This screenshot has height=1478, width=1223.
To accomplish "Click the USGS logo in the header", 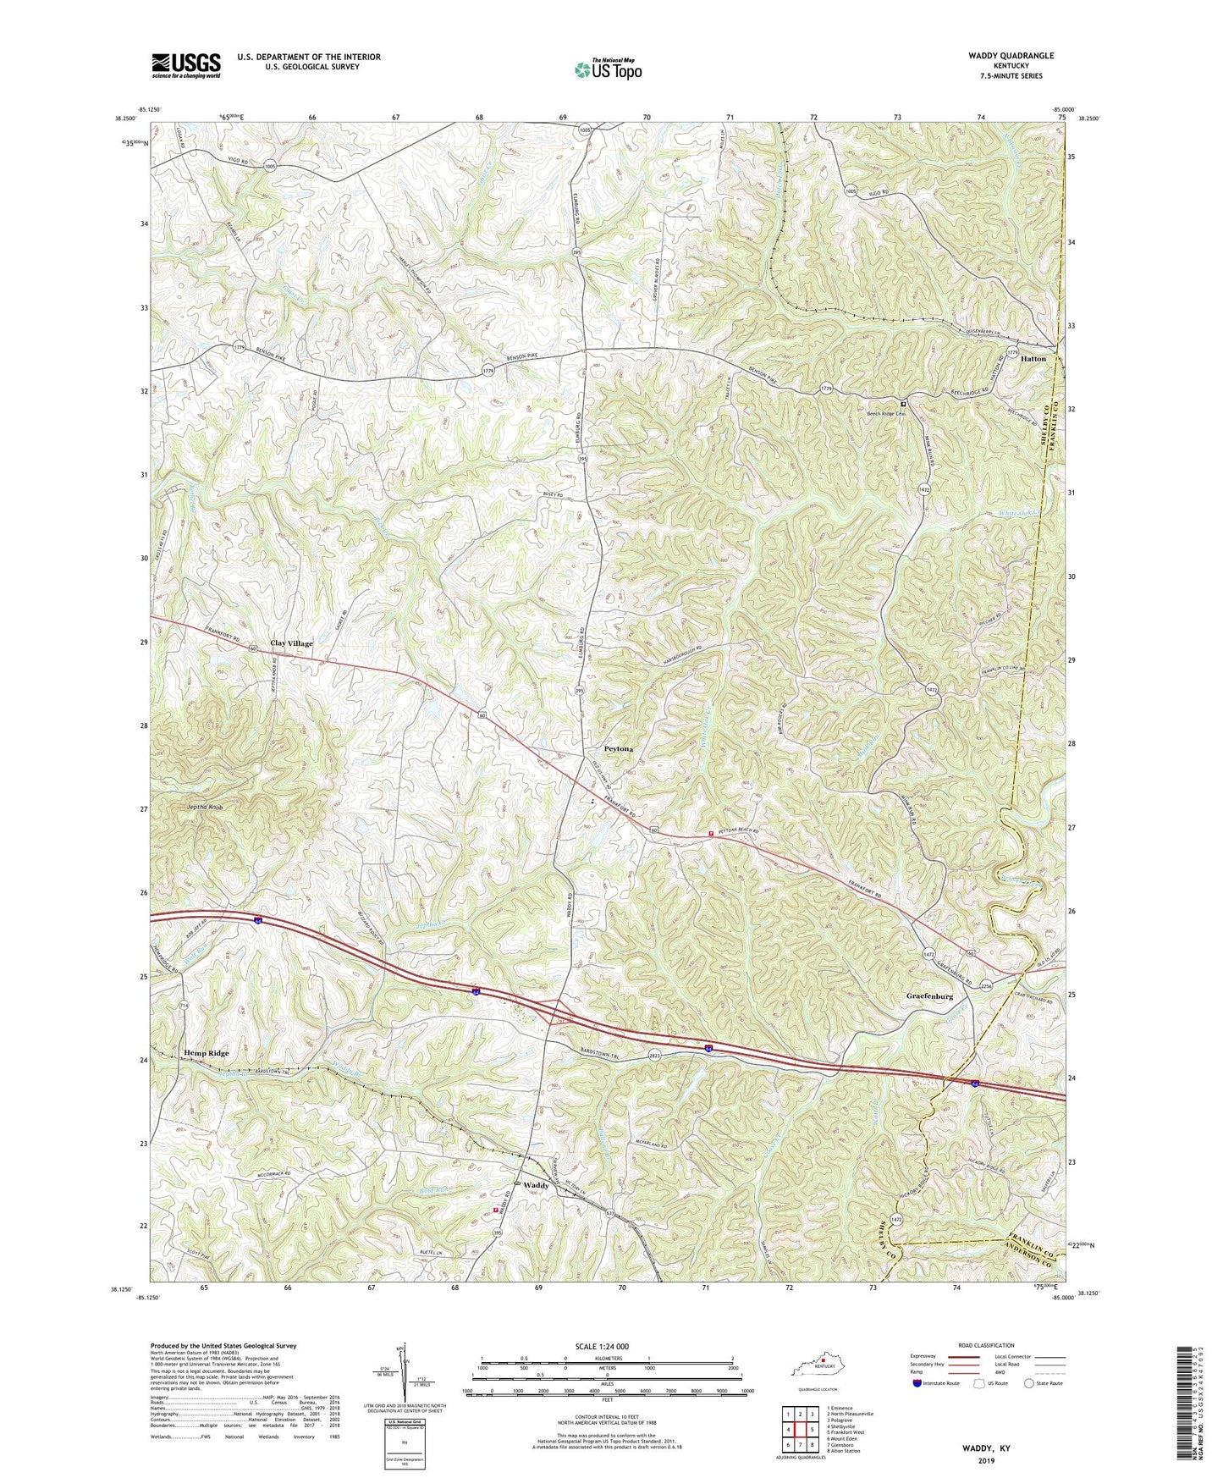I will tap(186, 65).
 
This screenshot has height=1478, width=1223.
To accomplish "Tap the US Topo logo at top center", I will tap(607, 69).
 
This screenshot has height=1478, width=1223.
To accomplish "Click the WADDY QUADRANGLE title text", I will tap(1000, 56).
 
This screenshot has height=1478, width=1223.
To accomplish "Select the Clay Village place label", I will tap(291, 643).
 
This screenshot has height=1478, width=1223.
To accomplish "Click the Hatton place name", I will tap(1033, 359).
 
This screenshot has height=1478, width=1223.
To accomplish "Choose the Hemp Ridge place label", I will tap(207, 1053).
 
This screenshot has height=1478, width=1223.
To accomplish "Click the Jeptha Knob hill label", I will tap(205, 808).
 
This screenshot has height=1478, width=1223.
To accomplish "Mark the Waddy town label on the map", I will tap(536, 1185).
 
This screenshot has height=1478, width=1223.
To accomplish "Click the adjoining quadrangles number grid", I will tap(800, 1431).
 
